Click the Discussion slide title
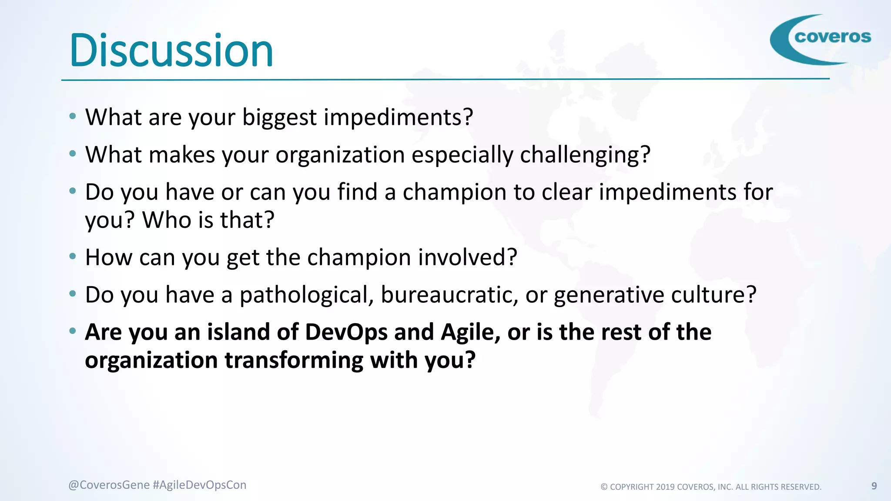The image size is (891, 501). (171, 51)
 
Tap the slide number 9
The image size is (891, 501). (874, 486)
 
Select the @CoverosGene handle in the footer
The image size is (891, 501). (109, 485)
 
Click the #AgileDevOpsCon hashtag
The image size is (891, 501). (199, 485)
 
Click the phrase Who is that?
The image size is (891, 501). (208, 220)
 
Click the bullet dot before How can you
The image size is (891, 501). (73, 256)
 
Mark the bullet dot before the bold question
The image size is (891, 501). (73, 331)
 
